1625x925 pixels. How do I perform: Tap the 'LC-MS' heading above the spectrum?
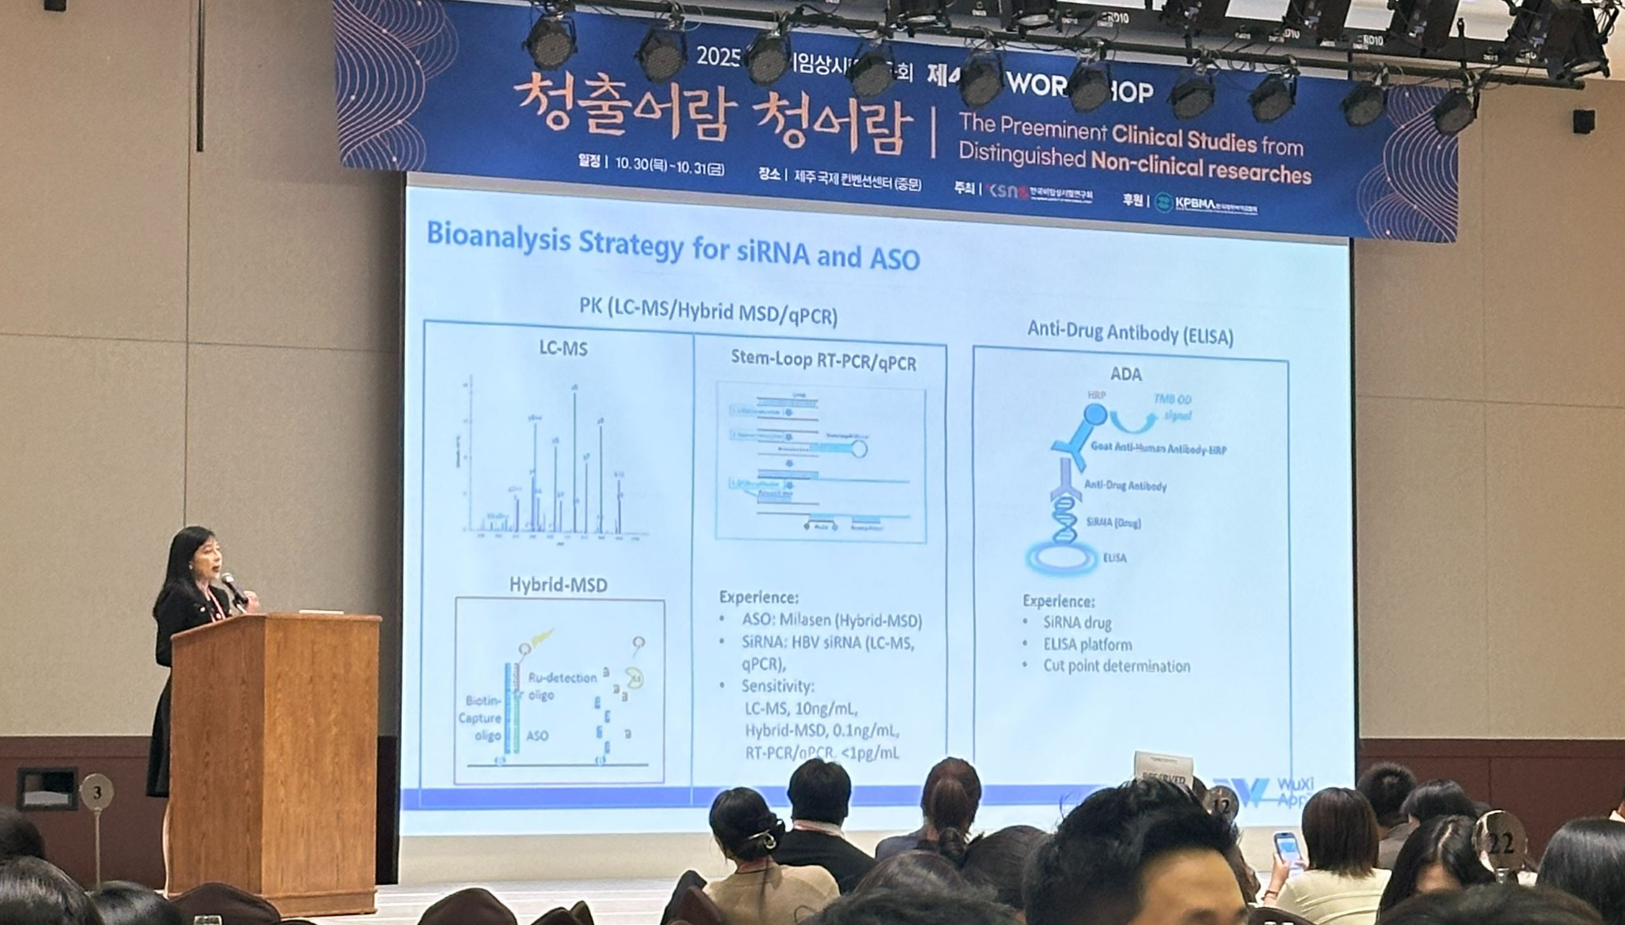[563, 348]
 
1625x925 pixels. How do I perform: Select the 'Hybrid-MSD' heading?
[558, 585]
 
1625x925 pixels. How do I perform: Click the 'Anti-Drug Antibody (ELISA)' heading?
[1130, 333]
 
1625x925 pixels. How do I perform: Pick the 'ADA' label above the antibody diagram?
[1125, 374]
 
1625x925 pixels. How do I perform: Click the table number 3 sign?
[97, 792]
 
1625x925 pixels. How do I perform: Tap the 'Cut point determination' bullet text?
[1117, 666]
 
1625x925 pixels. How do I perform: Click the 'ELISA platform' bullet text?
[1087, 644]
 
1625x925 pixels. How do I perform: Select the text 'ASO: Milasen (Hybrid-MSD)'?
[832, 620]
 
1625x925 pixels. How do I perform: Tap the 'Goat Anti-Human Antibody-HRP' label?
[1158, 448]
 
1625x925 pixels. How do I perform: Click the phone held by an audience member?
[1289, 851]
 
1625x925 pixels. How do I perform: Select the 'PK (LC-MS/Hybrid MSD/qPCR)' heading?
[707, 312]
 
